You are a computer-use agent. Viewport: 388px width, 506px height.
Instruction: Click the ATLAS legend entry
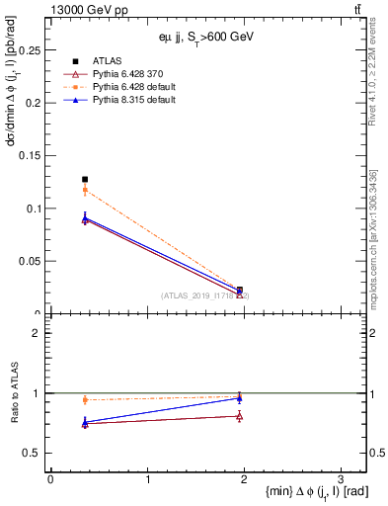[107, 60]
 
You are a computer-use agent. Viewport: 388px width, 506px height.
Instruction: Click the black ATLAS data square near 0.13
[85, 180]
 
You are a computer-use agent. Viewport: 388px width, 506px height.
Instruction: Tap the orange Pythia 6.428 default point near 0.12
[85, 190]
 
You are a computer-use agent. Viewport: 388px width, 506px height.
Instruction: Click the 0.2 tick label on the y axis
[35, 103]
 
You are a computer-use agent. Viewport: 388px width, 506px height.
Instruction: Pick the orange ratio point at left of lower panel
[85, 400]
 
